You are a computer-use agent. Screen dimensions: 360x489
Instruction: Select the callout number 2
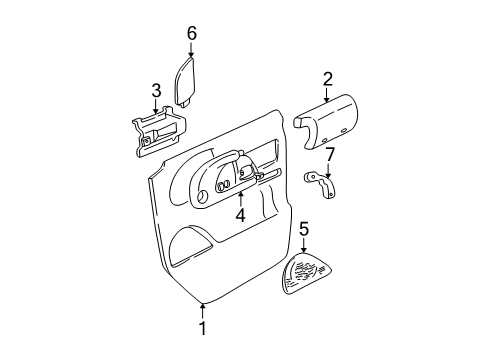327,79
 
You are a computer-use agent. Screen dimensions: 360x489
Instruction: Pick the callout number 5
304,231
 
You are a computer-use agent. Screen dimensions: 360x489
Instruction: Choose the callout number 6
191,34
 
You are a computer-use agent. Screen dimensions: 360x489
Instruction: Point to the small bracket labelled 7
322,183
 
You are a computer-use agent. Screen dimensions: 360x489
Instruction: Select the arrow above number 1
202,309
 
